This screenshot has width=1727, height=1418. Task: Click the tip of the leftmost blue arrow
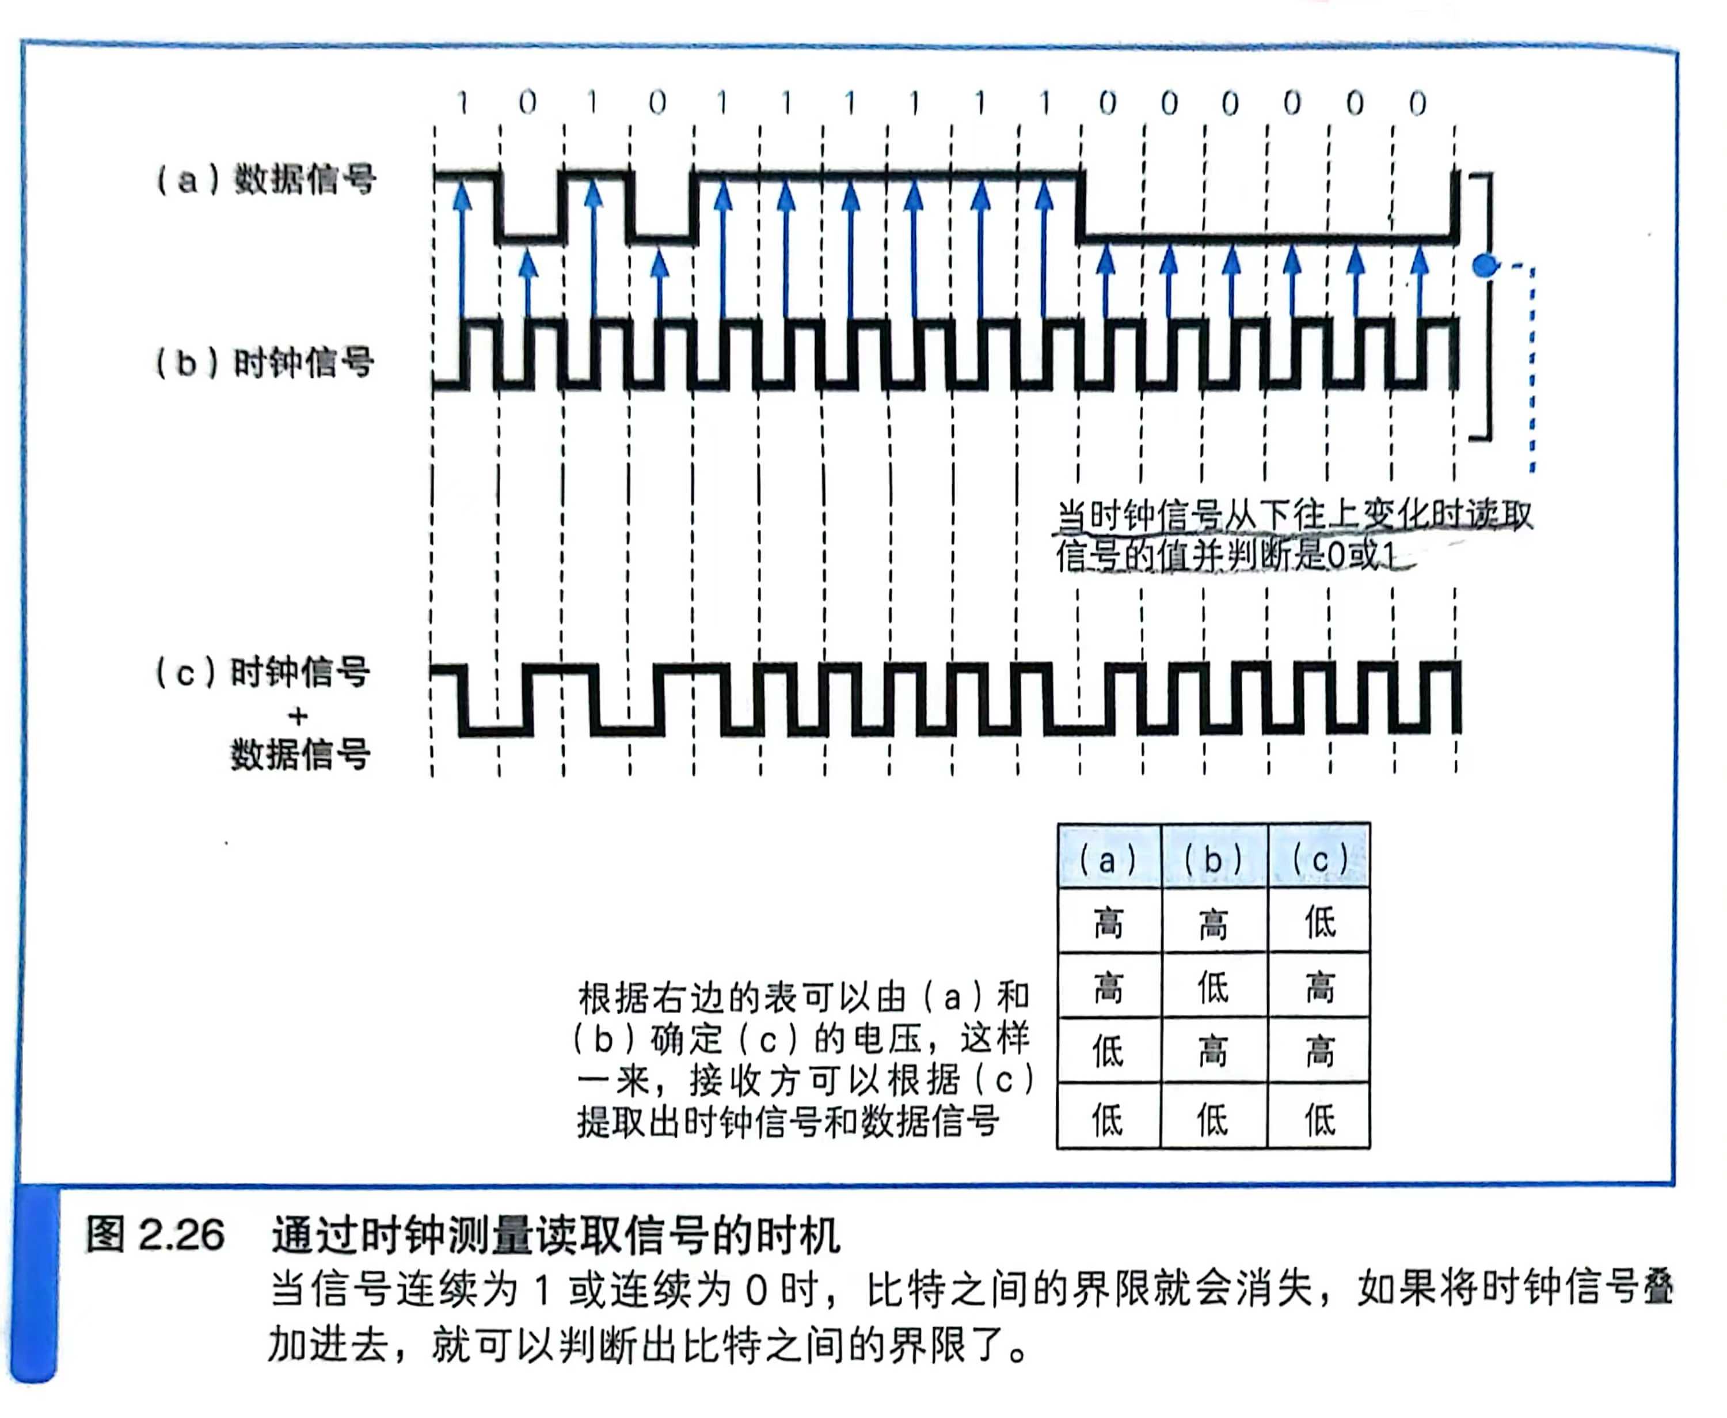point(463,181)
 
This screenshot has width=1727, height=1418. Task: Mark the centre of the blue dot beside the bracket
point(1485,266)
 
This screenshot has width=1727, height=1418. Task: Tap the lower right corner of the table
point(1370,1148)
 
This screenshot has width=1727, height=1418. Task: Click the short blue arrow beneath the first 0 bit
point(529,286)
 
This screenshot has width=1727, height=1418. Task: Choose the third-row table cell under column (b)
point(1214,1051)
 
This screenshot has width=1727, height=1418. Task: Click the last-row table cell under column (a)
point(1108,1117)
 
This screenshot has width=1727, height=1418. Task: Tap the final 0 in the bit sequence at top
point(1417,104)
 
